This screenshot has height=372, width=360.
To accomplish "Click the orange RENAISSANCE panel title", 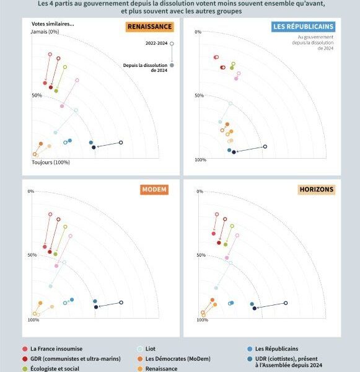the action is click(x=150, y=27).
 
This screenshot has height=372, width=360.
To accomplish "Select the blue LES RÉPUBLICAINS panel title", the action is click(x=304, y=27).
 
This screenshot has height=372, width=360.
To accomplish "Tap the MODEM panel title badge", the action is click(x=154, y=190).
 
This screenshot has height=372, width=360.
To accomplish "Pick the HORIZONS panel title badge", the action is click(x=317, y=189).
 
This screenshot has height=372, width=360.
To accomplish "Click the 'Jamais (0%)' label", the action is click(x=45, y=32).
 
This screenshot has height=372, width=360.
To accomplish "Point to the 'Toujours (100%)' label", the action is click(x=51, y=162).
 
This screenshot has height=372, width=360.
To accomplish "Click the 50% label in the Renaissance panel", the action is click(x=37, y=95).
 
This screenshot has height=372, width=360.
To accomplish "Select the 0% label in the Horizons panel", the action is click(x=200, y=192).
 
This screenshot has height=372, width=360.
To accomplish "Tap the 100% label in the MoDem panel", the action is click(x=33, y=320).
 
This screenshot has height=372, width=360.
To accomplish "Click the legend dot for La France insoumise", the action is click(x=25, y=348).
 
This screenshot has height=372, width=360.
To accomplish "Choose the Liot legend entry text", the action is click(x=151, y=348).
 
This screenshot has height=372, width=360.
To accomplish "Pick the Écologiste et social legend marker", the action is click(x=25, y=369).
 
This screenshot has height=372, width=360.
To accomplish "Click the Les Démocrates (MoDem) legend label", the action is click(x=178, y=359).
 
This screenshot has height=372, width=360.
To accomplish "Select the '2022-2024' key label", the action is click(x=157, y=43).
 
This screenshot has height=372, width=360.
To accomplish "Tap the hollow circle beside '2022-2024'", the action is click(x=172, y=43).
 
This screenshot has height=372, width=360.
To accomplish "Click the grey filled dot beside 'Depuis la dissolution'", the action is click(x=172, y=65).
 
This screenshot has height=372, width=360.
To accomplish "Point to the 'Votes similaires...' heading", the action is click(x=53, y=24).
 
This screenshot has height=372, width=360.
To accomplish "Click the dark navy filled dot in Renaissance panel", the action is click(x=94, y=148).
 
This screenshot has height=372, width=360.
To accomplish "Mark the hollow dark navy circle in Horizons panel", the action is click(x=286, y=303).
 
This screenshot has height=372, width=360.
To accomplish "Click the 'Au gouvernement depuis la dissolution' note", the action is click(x=313, y=43).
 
